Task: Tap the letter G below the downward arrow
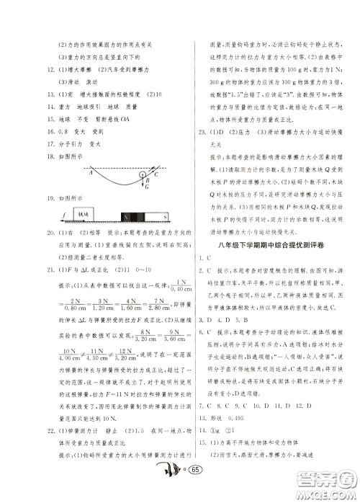(145, 187)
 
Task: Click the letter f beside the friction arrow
(63, 214)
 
